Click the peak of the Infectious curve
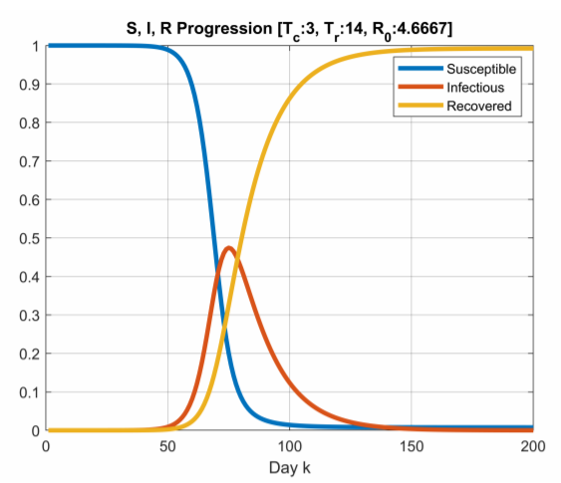tap(229, 248)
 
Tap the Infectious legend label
tap(466, 88)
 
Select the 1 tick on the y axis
tap(36, 46)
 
